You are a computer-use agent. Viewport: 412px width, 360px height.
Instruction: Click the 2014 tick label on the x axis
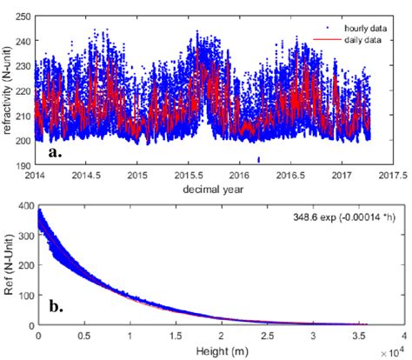click(36, 175)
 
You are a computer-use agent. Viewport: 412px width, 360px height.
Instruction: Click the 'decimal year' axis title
click(215, 188)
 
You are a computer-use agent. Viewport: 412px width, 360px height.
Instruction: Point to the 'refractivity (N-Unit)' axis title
click(8, 85)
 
